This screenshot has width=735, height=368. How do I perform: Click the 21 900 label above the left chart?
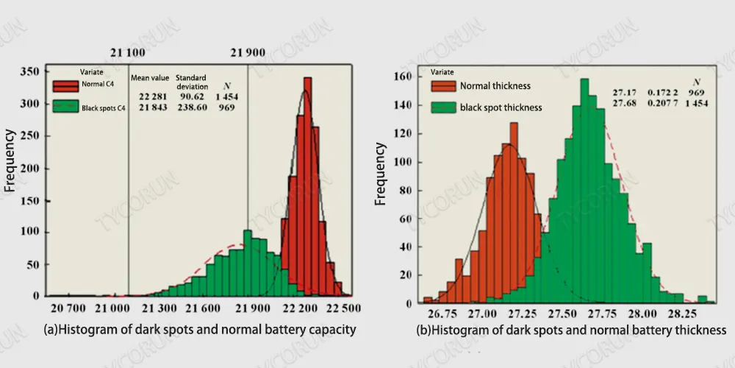pos(248,53)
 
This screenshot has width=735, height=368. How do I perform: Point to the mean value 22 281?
pos(154,96)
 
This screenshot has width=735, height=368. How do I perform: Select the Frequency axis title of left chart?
pos(10,160)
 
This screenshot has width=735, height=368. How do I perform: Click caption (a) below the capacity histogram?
pos(200,330)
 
